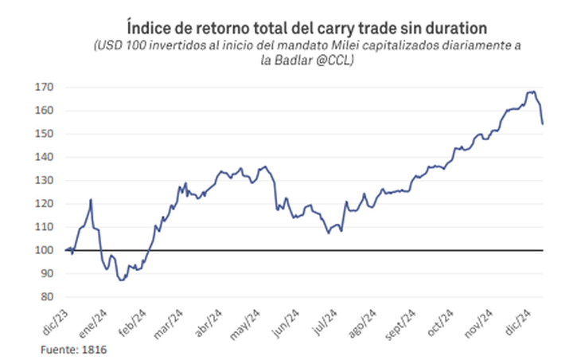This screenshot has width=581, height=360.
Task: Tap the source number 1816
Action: [95, 349]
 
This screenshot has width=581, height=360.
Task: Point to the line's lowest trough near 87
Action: [121, 280]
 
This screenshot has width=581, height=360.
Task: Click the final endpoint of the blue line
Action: [543, 123]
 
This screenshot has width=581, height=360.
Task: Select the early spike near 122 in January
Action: [92, 199]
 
